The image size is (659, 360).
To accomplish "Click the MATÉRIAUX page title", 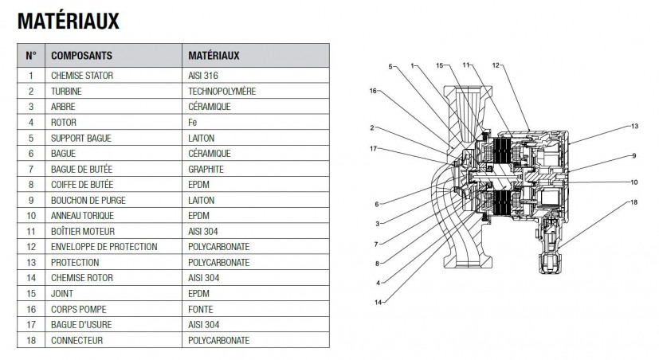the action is tap(68, 22).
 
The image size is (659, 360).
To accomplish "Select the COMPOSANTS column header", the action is tap(81, 56).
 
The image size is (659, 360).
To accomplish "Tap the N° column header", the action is tap(31, 56).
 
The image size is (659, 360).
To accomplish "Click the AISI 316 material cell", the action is tap(203, 76).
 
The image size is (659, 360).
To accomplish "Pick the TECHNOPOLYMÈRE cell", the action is tap(222, 91).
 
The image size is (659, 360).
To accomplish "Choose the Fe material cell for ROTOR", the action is tap(193, 122).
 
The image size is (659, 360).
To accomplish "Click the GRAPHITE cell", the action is tap(206, 170).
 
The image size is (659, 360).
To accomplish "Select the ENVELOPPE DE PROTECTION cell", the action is tap(104, 247).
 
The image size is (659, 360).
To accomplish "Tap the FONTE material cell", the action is tap(201, 310).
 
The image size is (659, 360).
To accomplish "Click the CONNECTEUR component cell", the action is tap(77, 341).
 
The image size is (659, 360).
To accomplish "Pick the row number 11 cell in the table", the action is tap(31, 232).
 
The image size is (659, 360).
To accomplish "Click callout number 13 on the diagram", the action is tap(634, 126).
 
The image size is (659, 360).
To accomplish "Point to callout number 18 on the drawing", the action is tap(634, 202).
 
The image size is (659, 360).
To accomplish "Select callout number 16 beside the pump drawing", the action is tap(373, 91).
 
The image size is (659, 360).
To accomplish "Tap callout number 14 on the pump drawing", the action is tap(378, 302).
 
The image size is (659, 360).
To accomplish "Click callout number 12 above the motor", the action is tap(496, 65).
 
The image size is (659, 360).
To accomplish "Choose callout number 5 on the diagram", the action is tap(390, 67).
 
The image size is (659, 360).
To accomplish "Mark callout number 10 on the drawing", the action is tap(634, 182).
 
